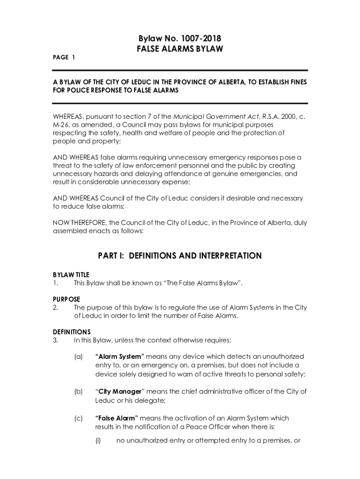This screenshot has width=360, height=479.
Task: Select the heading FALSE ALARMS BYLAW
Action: click(x=180, y=49)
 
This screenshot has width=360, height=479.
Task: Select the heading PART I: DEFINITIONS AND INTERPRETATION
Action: click(x=180, y=256)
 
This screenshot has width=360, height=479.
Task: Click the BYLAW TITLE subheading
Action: click(x=71, y=275)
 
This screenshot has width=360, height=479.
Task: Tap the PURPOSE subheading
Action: click(x=66, y=299)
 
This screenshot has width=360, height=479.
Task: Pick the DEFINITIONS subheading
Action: click(x=72, y=332)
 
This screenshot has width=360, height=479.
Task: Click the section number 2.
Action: click(x=55, y=307)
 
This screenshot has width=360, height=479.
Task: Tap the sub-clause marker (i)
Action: click(x=99, y=440)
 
